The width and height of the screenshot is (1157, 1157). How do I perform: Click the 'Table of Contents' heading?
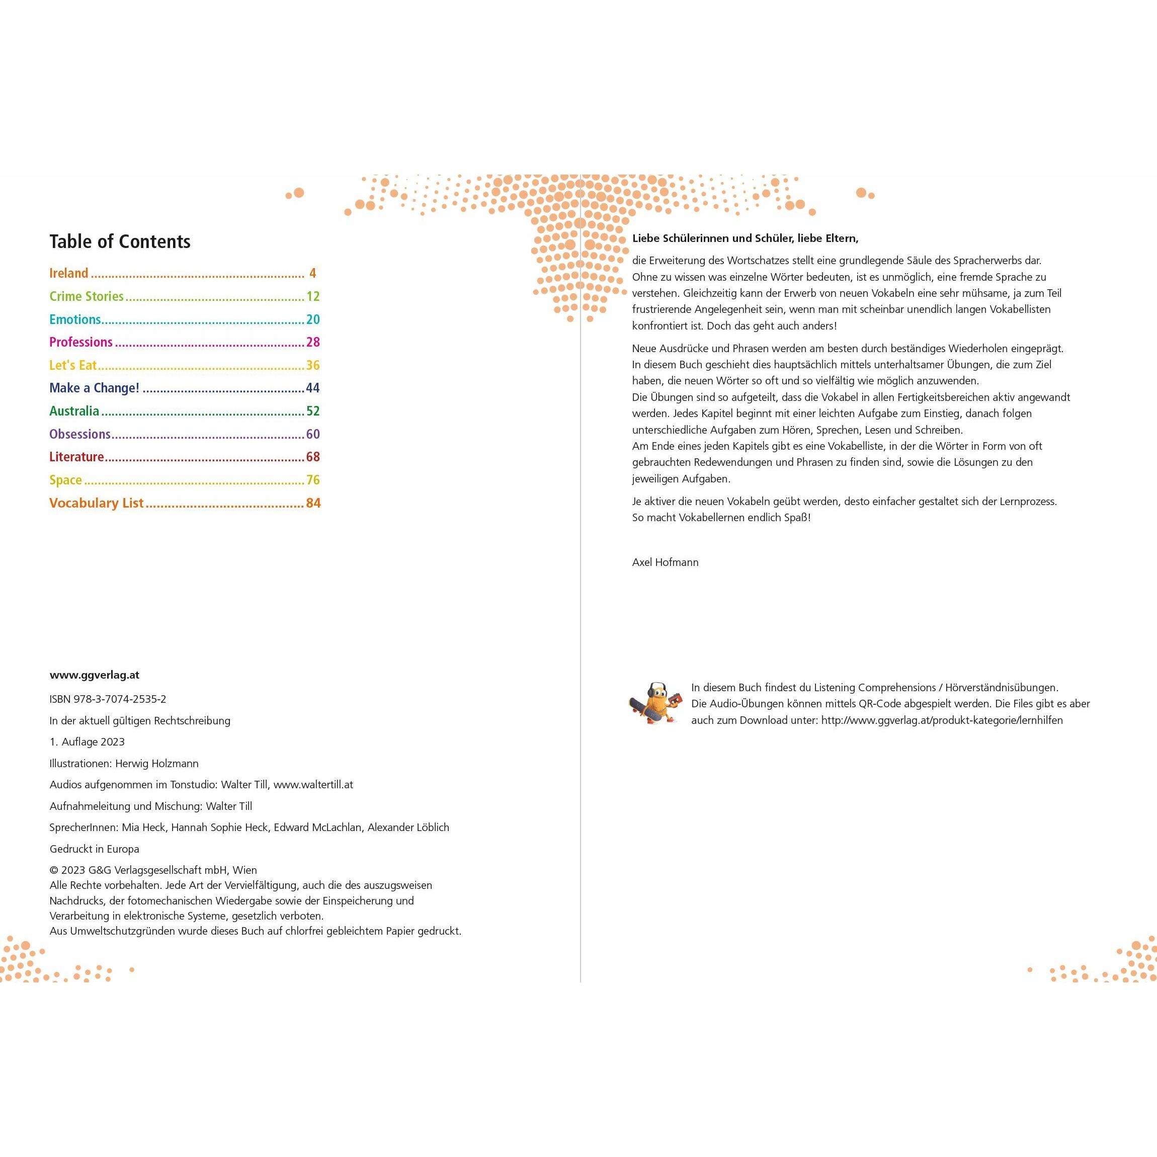120,241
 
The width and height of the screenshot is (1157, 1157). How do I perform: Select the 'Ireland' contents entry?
69,274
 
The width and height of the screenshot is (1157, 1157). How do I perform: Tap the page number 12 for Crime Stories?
312,296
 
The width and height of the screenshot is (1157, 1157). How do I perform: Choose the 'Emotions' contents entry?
75,320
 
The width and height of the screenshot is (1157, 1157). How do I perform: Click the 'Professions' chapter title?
81,343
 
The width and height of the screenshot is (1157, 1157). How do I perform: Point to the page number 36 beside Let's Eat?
312,365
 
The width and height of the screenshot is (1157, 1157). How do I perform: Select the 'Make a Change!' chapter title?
94,388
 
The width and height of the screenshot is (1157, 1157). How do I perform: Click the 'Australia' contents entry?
74,411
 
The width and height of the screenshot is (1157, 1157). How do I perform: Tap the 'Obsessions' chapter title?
79,434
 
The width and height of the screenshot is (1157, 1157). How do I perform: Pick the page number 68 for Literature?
312,457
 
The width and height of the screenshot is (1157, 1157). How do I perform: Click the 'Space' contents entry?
65,480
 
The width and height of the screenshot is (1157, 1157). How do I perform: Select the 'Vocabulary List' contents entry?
97,503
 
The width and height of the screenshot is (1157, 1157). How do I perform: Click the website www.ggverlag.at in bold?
94,675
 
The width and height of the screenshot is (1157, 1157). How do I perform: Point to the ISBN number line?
108,699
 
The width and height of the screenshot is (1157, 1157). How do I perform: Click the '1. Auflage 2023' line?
88,742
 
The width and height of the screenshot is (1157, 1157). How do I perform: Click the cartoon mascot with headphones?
656,703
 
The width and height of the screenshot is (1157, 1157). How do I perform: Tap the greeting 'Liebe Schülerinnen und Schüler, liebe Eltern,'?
745,238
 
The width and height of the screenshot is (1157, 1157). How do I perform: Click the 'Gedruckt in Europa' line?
94,849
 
